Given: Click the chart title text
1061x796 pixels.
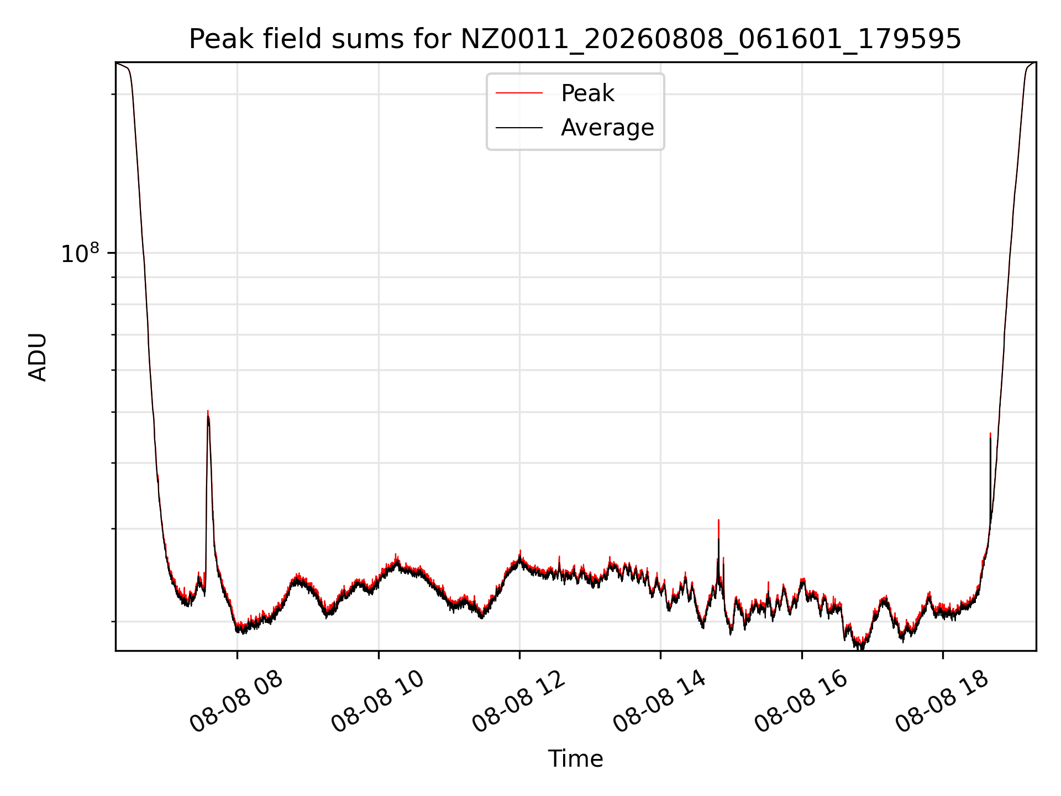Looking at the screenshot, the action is [575, 39].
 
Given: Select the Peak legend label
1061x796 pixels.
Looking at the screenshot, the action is [587, 93].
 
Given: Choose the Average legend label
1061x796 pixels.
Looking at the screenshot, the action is [607, 128].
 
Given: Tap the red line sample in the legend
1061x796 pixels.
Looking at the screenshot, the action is [519, 93].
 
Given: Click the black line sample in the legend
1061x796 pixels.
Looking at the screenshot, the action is [519, 128].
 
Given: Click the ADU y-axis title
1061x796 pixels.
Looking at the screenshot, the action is [38, 357].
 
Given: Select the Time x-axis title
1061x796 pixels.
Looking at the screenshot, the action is [575, 759].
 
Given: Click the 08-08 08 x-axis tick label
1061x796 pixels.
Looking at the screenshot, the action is [237, 702].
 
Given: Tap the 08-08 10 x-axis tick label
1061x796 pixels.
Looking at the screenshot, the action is [379, 702].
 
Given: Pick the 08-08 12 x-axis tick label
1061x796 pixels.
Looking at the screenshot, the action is [519, 702].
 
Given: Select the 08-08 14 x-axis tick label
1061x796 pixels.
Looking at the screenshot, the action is [661, 702].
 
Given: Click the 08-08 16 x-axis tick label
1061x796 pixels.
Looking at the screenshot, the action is [802, 702].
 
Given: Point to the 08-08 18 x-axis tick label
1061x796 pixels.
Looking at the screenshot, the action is [943, 702].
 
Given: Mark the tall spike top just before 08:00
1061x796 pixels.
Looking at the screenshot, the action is [208, 411].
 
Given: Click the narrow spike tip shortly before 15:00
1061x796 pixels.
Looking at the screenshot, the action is [718, 520].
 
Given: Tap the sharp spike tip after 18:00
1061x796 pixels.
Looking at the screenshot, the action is [990, 433].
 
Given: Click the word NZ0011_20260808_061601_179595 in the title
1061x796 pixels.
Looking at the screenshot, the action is [711, 39].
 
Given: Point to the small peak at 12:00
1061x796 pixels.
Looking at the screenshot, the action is [520, 551].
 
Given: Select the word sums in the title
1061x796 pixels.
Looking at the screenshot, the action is [363, 39].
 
